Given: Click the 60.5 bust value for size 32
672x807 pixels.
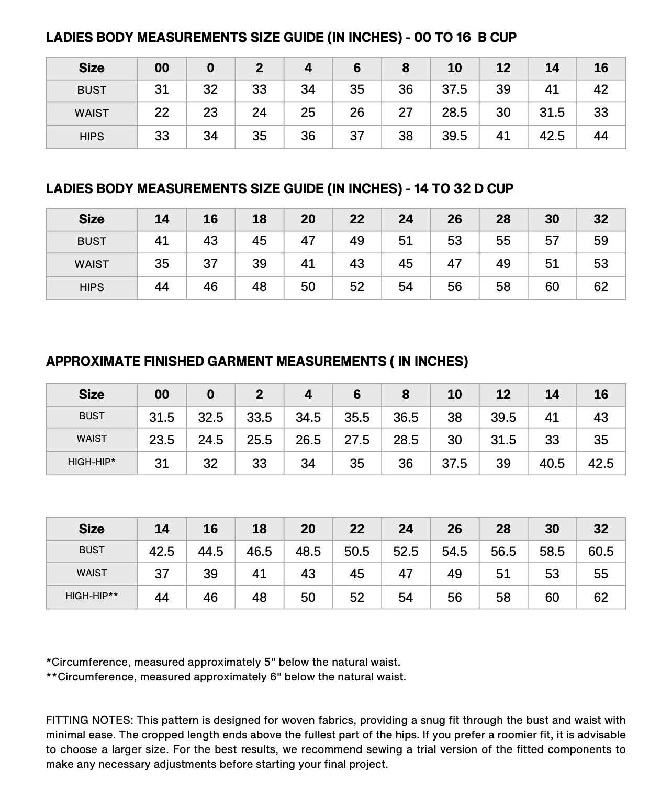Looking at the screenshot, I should click(x=601, y=551).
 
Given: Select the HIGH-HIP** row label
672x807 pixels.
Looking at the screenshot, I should click(x=92, y=596).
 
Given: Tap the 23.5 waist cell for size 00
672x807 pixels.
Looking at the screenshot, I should click(x=162, y=440).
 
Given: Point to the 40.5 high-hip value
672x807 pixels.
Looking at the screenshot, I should click(x=552, y=463).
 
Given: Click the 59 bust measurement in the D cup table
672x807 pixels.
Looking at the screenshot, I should click(x=601, y=241).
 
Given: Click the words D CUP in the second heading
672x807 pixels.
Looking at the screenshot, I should click(x=494, y=189).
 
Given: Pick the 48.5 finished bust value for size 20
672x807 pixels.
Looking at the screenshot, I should click(x=308, y=551).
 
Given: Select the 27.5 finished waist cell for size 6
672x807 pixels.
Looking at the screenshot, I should click(x=357, y=440).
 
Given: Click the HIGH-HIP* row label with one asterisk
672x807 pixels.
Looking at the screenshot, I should click(x=92, y=462).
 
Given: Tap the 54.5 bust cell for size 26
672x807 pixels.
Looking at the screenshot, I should click(x=454, y=551).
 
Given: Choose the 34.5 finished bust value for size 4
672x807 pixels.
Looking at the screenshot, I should click(x=308, y=417).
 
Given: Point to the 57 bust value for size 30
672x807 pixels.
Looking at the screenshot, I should click(x=552, y=241).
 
